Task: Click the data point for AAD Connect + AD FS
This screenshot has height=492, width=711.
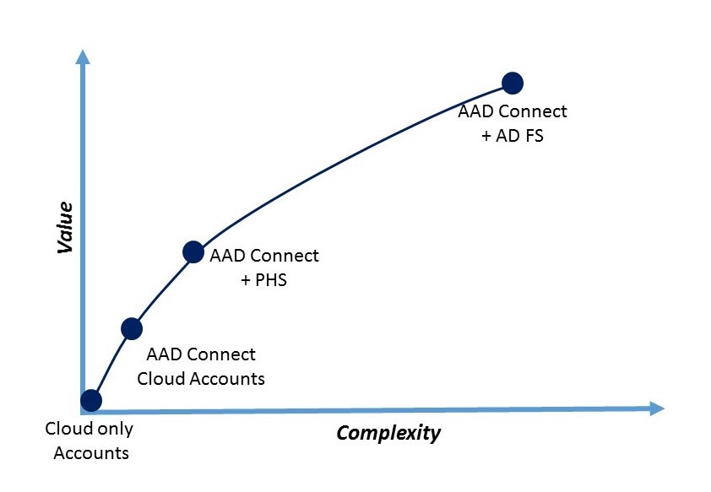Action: point(513,83)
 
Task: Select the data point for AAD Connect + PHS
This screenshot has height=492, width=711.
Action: point(193,251)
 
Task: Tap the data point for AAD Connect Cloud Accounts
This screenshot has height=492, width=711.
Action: point(132,328)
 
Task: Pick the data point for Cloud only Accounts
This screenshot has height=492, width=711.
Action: point(91,400)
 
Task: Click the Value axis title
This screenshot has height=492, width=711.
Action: point(65,227)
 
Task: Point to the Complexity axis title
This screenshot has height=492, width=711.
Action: point(388,433)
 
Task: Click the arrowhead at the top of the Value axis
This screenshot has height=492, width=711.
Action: point(83,57)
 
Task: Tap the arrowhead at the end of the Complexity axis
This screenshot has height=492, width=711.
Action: point(657,408)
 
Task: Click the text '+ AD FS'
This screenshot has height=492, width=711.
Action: point(513,136)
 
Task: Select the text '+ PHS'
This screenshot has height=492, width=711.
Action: point(264,280)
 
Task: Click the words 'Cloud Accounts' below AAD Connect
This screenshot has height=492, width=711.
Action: point(201,379)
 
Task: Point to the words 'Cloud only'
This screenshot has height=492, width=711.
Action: point(90,429)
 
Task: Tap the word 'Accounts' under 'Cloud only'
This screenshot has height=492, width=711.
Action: point(91,453)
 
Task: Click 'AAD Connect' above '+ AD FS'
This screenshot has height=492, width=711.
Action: point(513,111)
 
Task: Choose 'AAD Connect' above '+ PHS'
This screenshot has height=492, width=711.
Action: point(264,256)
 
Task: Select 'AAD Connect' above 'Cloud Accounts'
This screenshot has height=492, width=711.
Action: point(201,354)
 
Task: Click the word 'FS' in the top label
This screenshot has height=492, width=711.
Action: point(535,136)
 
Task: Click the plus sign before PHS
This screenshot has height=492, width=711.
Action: point(246,280)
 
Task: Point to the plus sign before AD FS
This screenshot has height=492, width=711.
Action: point(486,136)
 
